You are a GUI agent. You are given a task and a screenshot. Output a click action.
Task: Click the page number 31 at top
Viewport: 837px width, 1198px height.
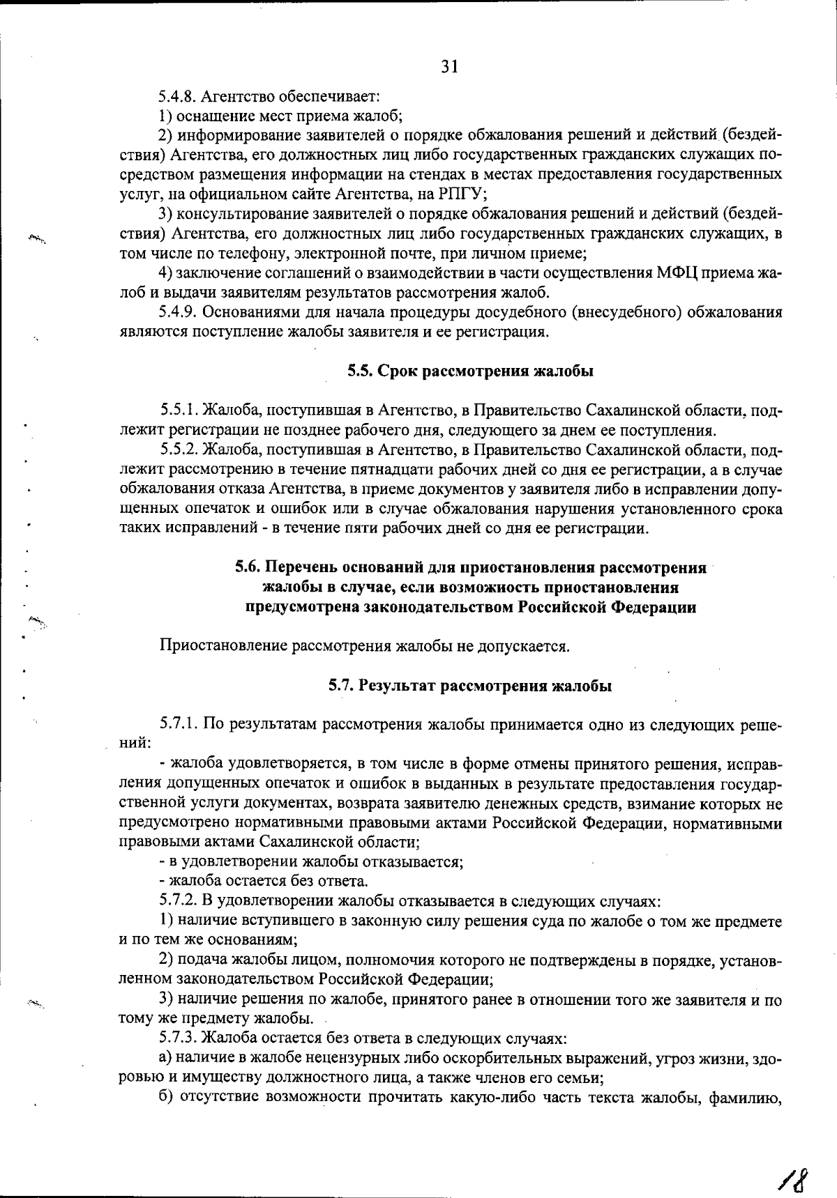[x=449, y=66]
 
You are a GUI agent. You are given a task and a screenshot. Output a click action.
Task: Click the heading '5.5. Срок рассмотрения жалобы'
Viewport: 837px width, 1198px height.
[x=471, y=371]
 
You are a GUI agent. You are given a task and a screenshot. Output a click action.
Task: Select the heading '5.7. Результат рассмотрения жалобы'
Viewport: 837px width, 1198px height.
[x=471, y=686]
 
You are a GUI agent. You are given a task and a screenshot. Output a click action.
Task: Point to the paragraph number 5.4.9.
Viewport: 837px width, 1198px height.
[x=179, y=312]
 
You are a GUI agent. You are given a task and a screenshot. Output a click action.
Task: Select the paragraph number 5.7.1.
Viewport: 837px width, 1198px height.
[x=179, y=724]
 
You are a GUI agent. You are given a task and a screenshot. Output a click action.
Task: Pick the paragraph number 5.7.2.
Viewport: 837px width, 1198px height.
[x=179, y=901]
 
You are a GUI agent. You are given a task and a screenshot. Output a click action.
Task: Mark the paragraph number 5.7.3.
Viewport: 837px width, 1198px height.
[x=179, y=1038]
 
